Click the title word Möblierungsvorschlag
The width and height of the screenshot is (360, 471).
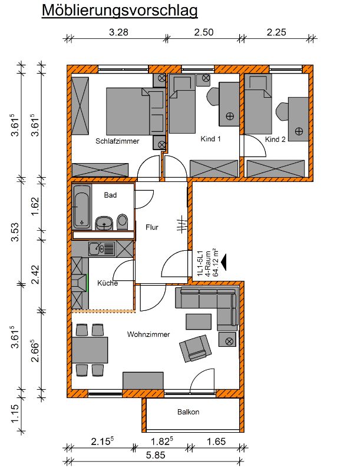pyautogui.click(x=120, y=11)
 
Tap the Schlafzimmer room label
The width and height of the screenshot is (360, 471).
pyautogui.click(x=117, y=141)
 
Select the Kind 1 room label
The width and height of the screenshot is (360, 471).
pyautogui.click(x=210, y=139)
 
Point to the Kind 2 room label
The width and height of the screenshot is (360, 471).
pyautogui.click(x=275, y=140)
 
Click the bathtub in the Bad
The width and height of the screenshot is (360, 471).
pyautogui.click(x=82, y=207)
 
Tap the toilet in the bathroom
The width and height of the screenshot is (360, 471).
pyautogui.click(x=123, y=222)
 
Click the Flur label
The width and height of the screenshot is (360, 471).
pyautogui.click(x=152, y=227)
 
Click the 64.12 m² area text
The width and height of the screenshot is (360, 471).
pyautogui.click(x=215, y=262)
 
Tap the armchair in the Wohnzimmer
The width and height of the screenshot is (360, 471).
pyautogui.click(x=196, y=348)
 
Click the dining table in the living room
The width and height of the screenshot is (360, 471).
pyautogui.click(x=90, y=350)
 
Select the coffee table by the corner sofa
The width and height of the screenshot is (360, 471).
pyautogui.click(x=199, y=321)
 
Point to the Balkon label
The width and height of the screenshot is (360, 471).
pyautogui.click(x=188, y=412)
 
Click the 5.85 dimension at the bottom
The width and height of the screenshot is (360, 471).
pyautogui.click(x=156, y=455)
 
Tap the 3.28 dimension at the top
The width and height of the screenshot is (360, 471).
pyautogui.click(x=118, y=32)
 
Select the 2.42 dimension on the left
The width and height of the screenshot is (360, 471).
pyautogui.click(x=35, y=274)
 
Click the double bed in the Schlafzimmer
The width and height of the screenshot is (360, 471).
pyautogui.click(x=128, y=111)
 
